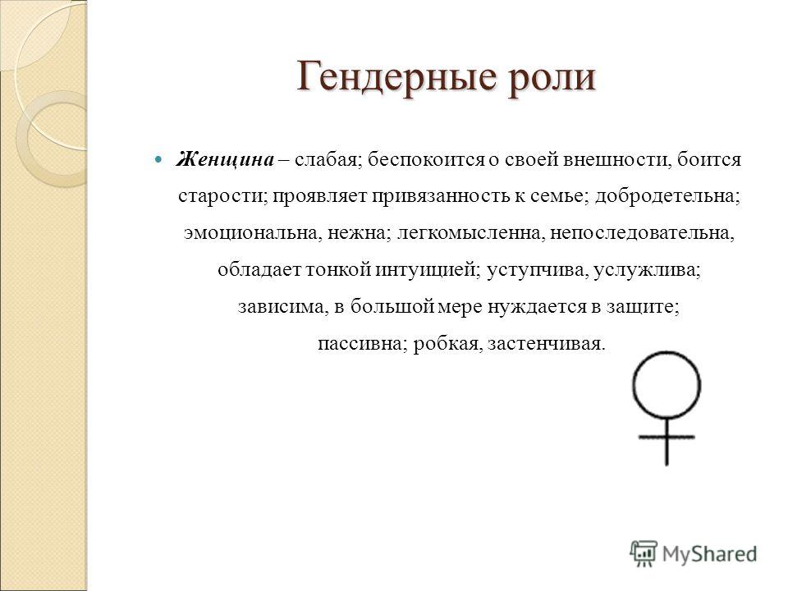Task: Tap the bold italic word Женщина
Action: tap(225, 159)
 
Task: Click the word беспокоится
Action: tap(426, 160)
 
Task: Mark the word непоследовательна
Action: tap(642, 233)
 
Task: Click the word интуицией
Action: tap(428, 270)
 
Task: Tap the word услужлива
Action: tap(647, 270)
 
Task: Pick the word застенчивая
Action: tap(547, 344)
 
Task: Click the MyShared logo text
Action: tap(709, 554)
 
